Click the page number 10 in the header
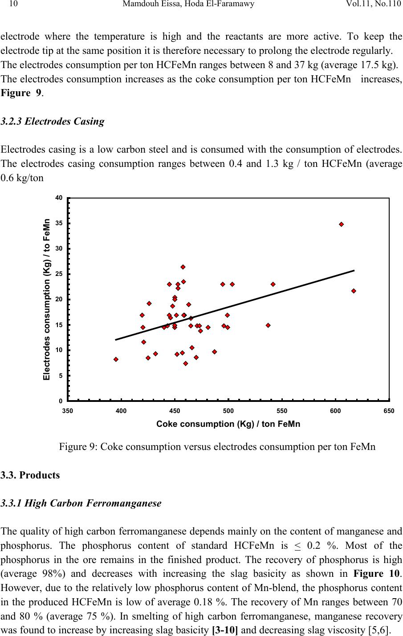pyautogui.click(x=12, y=5)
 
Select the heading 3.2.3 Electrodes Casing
pyautogui.click(x=53, y=122)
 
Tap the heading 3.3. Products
pyautogui.click(x=30, y=475)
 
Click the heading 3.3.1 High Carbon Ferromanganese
pyautogui.click(x=81, y=503)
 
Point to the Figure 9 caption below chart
pyautogui.click(x=217, y=446)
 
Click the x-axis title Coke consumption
pyautogui.click(x=228, y=424)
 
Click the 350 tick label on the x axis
pyautogui.click(x=68, y=410)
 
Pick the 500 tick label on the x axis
pyautogui.click(x=228, y=410)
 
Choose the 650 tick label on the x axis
pyautogui.click(x=389, y=410)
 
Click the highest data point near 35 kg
pyautogui.click(x=342, y=224)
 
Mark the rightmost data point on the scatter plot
pyautogui.click(x=354, y=291)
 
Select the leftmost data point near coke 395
pyautogui.click(x=116, y=359)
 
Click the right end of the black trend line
pyautogui.click(x=354, y=271)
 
